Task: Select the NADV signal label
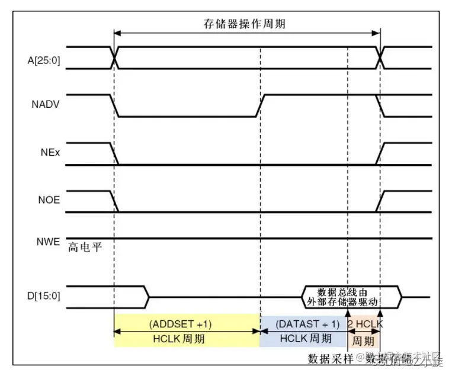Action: click(46, 105)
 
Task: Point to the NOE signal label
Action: click(48, 200)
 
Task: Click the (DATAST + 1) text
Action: click(308, 324)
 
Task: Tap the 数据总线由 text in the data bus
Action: click(342, 291)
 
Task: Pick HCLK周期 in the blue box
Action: click(304, 339)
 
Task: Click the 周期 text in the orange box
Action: click(363, 342)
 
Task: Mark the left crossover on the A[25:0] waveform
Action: click(114, 57)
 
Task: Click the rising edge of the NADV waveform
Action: click(260, 105)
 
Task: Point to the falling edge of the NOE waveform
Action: click(114, 201)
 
